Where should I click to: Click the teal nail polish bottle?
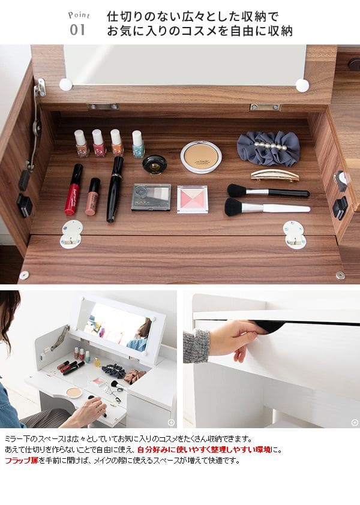[x=138, y=144]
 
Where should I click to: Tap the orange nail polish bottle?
[x=117, y=143]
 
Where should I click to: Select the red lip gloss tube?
[x=73, y=189]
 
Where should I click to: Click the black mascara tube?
[x=115, y=189]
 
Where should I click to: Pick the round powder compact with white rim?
[x=201, y=157]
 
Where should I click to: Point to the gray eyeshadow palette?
[x=151, y=197]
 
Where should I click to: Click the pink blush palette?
[x=193, y=199]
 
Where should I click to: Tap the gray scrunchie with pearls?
[x=268, y=148]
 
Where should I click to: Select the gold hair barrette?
[x=275, y=175]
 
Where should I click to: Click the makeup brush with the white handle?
[x=267, y=208]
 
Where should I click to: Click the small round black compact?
[x=155, y=164]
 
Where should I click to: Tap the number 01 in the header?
[x=77, y=30]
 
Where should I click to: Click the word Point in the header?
[x=79, y=15]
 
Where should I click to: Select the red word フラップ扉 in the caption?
[x=22, y=460]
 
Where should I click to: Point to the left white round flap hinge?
[x=71, y=234]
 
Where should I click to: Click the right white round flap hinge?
[x=295, y=235]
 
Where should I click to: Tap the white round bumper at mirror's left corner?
[x=66, y=85]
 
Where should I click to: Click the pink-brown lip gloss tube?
[x=92, y=197]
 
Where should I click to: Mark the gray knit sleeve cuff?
[x=196, y=345]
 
